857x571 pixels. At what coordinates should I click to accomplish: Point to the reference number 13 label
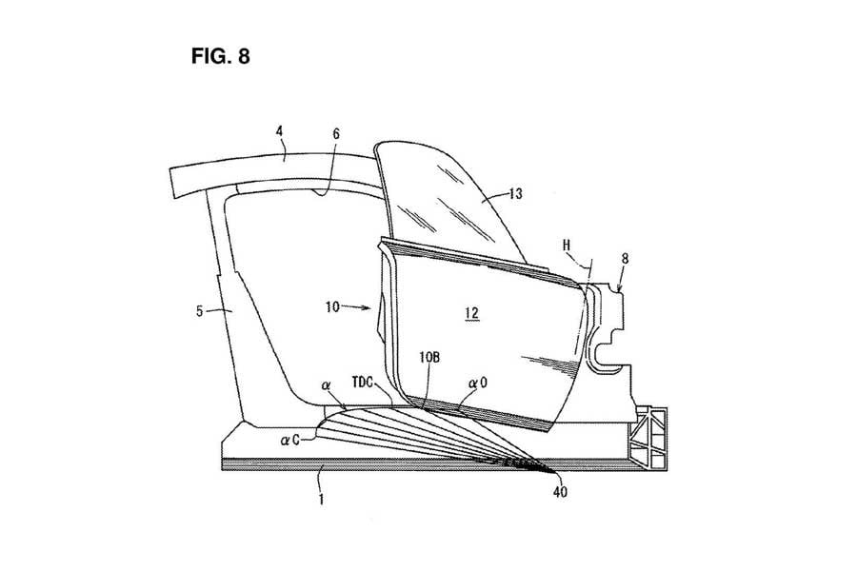pos(515,194)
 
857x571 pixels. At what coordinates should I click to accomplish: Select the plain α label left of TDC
pos(326,388)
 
